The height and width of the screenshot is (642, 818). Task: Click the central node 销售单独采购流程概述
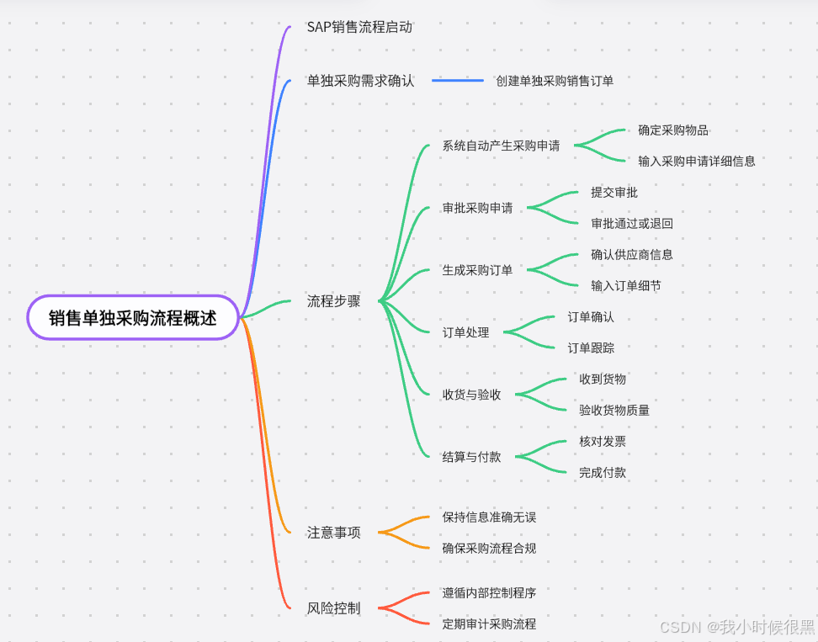tap(133, 318)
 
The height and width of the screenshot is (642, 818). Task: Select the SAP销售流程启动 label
tap(359, 27)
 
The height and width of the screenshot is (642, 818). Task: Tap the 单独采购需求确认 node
tap(360, 81)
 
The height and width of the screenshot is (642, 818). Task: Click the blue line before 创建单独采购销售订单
tap(458, 81)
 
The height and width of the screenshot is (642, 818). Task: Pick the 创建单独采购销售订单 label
tap(555, 81)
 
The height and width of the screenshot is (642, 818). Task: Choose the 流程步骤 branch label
tap(333, 300)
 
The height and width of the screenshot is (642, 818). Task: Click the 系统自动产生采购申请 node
tap(501, 146)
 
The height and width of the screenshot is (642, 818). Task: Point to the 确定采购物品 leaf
tap(672, 130)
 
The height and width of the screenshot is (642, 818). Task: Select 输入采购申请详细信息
tap(696, 161)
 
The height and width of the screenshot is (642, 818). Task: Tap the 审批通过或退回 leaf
tap(631, 223)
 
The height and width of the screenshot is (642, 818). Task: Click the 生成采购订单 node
tap(477, 270)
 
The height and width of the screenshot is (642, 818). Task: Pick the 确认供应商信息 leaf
tap(631, 254)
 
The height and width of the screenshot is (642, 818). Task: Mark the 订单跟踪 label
tap(590, 348)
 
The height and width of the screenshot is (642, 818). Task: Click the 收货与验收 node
tap(471, 394)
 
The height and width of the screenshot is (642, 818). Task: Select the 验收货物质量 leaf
tap(613, 410)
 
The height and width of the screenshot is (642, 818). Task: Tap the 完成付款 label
tap(602, 472)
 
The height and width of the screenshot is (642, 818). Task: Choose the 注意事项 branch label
tap(333, 532)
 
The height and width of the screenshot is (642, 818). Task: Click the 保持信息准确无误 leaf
tap(489, 517)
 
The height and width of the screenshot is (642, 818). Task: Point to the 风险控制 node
tap(333, 608)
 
